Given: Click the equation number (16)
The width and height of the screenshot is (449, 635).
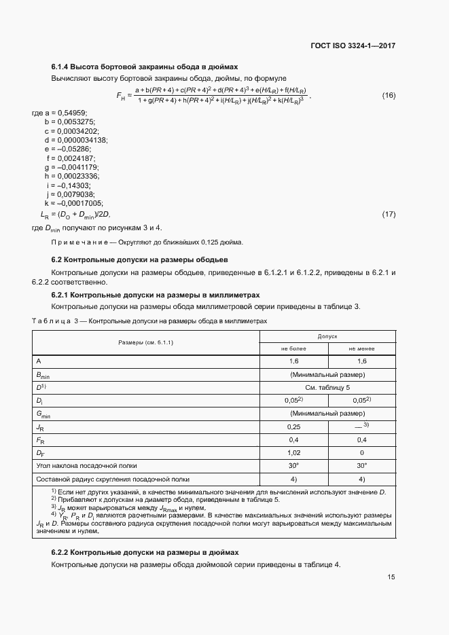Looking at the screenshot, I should [388, 94].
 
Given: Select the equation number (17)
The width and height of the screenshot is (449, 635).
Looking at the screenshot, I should [388, 215].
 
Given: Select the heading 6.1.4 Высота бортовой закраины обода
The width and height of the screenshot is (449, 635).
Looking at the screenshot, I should [145, 67].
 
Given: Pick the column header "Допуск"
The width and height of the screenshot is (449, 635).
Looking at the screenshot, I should [328, 336].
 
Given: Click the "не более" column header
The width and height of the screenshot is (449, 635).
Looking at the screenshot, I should [294, 348].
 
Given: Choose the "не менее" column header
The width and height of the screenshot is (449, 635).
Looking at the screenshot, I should [362, 348].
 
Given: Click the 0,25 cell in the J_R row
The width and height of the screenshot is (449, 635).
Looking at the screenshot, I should [294, 427].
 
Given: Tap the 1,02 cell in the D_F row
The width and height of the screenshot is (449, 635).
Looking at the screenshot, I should [294, 452].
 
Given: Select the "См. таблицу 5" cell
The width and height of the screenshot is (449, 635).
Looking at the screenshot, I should [328, 387].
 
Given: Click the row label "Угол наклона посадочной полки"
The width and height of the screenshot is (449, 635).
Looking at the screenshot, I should [87, 465].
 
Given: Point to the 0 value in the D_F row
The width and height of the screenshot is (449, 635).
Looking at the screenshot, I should [362, 452].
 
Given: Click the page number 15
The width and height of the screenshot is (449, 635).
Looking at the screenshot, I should [391, 577].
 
